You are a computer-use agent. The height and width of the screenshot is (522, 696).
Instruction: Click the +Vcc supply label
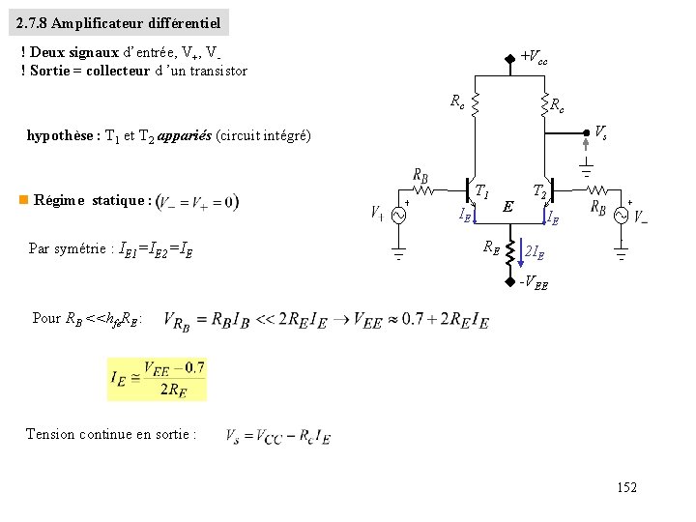pos(535,58)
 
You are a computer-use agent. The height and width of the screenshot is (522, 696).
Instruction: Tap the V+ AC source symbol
pos(397,215)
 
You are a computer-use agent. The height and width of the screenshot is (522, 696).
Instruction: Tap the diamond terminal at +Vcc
pos(511,57)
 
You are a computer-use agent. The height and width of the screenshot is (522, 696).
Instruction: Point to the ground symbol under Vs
pos(586,171)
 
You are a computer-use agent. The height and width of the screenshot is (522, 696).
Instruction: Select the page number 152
pos(626,488)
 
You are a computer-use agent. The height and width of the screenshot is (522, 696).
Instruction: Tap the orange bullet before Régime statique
pos(22,200)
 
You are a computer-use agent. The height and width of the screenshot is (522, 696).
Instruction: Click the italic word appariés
pos(187,136)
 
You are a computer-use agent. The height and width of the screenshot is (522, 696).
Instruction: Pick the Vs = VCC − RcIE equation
pos(278,437)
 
